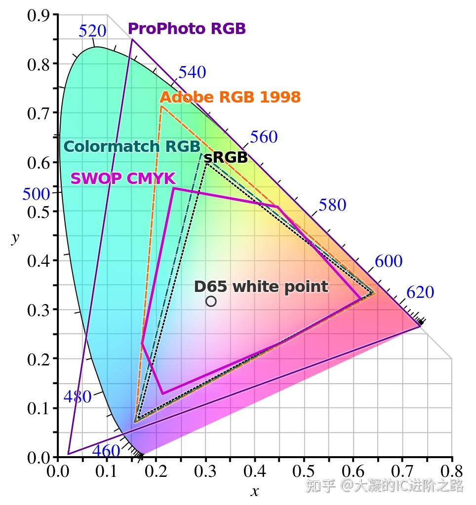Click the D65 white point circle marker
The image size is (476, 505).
tap(211, 301)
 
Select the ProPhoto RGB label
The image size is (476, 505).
tap(187, 29)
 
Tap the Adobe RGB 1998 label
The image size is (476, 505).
tap(230, 97)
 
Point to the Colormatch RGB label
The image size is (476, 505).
tap(132, 146)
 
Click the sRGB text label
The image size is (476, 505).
tap(226, 158)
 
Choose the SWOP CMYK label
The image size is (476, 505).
tap(123, 179)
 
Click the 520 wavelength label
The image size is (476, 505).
tap(92, 32)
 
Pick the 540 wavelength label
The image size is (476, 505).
tap(192, 72)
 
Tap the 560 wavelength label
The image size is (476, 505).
tap(264, 137)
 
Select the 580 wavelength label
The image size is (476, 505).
tap(332, 205)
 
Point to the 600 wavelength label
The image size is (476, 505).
tap(389, 261)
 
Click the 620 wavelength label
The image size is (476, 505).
tap(420, 292)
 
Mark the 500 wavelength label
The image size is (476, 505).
tap(36, 194)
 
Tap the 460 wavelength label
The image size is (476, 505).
tap(106, 451)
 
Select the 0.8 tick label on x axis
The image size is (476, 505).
tap(451, 472)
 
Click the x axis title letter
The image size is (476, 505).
tap(255, 491)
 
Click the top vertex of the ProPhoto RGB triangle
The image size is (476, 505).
tap(132, 39)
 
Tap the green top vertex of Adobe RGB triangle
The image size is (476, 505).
tap(161, 106)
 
